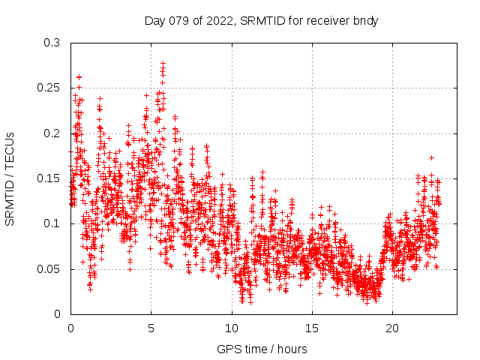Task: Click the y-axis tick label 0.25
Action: (x=52, y=88)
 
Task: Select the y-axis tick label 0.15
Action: (x=52, y=178)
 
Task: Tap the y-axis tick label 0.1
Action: (x=55, y=223)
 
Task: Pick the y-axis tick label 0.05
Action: (x=52, y=268)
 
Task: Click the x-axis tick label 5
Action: (x=151, y=328)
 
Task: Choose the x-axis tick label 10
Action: (x=231, y=328)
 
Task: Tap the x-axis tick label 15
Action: (x=311, y=328)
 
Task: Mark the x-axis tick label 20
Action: (x=391, y=328)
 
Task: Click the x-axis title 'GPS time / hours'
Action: (x=262, y=349)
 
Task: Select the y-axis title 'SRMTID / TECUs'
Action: (x=10, y=178)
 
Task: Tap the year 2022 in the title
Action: (x=217, y=20)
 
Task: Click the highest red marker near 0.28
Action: (x=163, y=63)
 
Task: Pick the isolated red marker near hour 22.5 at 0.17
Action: (x=431, y=157)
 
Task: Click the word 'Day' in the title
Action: (x=155, y=20)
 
